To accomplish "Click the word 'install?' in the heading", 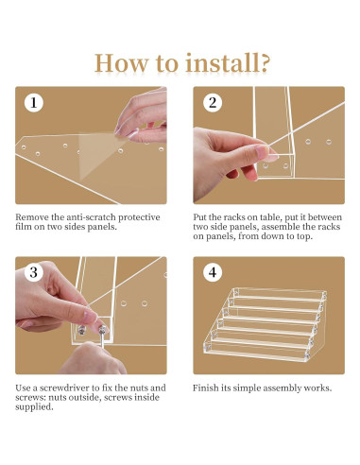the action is click(228, 63).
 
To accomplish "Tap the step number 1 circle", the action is click(34, 103).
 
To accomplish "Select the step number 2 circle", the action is click(213, 103).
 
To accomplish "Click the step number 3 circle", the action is click(34, 272).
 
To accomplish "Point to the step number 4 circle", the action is click(213, 272).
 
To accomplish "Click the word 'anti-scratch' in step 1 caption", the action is click(91, 217).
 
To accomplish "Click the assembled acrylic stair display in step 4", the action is click(266, 324).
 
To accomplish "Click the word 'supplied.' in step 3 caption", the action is click(34, 407).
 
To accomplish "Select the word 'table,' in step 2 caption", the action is click(271, 217).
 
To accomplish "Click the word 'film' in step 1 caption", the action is click(24, 227).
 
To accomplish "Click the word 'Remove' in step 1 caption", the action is click(32, 217).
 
